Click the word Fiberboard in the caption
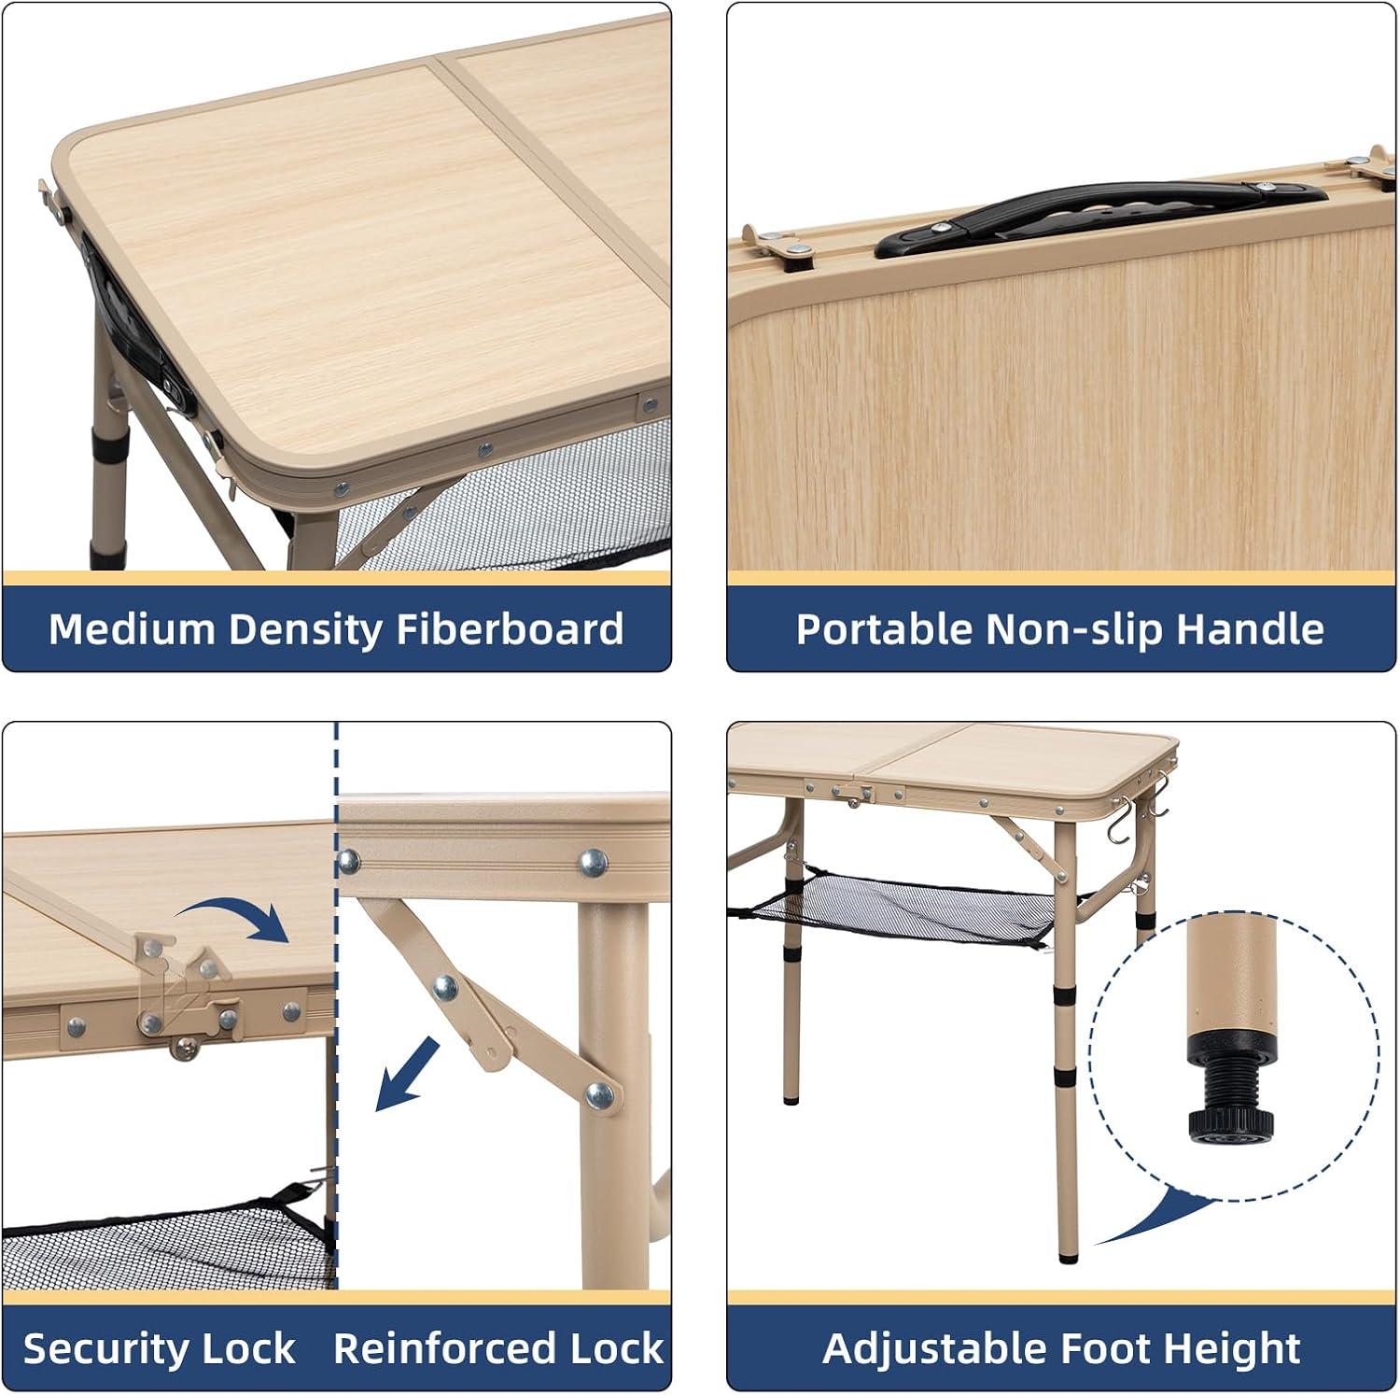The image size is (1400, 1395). [x=510, y=629]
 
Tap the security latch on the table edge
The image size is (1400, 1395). [x=183, y=994]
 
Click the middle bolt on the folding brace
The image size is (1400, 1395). [x=446, y=987]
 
